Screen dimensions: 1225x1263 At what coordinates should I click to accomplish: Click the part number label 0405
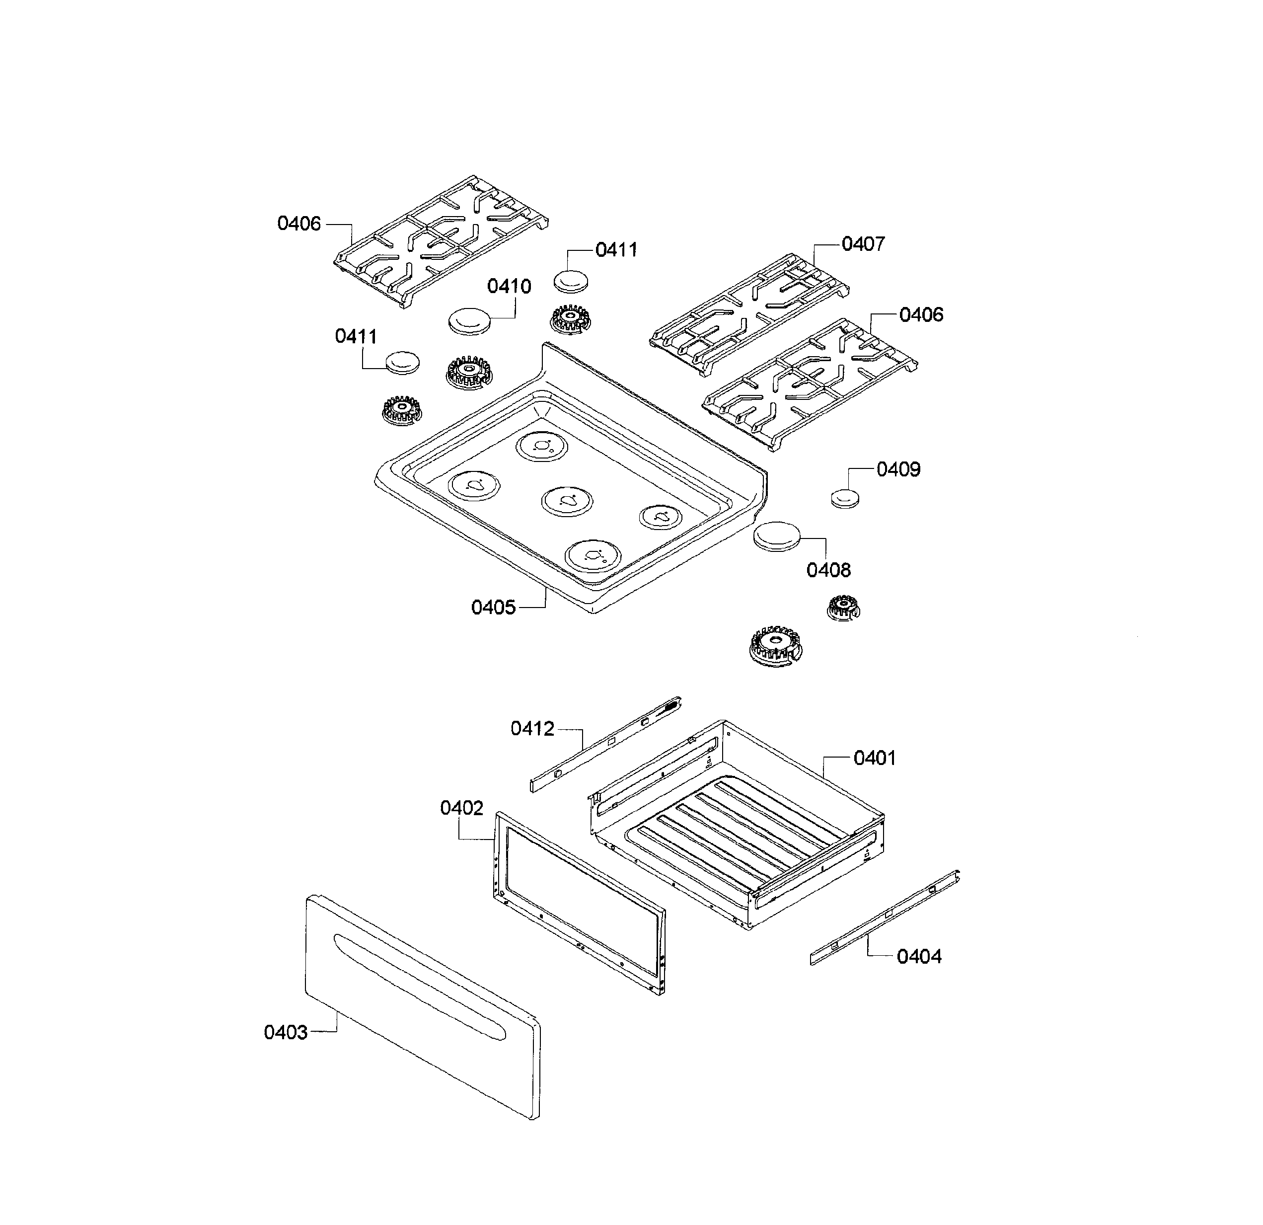coord(493,607)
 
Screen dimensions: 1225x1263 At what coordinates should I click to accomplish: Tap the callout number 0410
coord(509,286)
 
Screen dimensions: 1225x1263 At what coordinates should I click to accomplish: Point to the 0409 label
coord(898,469)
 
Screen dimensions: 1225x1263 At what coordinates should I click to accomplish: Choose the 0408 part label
coord(829,570)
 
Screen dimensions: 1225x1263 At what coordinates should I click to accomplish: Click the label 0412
coord(532,729)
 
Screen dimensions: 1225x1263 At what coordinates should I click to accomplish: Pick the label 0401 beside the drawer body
coord(875,758)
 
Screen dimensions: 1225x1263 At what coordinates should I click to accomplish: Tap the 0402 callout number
coord(461,808)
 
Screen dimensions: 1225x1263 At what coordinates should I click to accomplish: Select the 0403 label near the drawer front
coord(286,1032)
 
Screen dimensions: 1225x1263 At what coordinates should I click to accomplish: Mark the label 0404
coord(919,956)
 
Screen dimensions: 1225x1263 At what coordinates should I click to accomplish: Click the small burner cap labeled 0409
coord(844,499)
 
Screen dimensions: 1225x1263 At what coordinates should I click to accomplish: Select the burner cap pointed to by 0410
coord(470,321)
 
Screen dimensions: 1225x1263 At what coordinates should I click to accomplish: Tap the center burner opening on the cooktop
coord(567,501)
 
